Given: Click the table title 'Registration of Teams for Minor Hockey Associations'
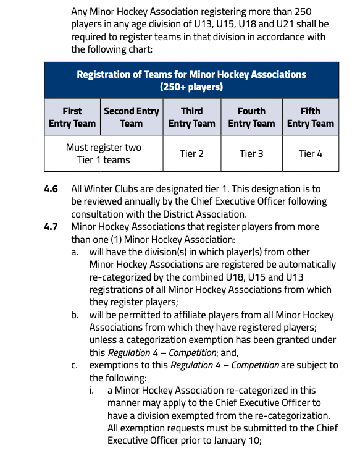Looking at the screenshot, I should click(191, 74).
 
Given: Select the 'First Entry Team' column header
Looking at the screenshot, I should click(72, 117).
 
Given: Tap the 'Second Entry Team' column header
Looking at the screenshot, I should click(131, 117).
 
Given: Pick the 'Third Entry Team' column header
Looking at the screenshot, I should click(191, 117).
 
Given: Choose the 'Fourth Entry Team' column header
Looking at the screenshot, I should click(251, 117).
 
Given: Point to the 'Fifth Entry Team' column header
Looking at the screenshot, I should click(310, 117).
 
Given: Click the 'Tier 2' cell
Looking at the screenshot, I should click(191, 153).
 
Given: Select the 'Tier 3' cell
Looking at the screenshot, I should click(251, 153).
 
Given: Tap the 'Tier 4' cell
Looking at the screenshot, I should click(310, 153).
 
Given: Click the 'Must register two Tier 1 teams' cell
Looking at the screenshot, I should click(103, 153).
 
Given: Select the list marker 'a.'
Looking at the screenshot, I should click(75, 252).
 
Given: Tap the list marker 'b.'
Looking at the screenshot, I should click(75, 315).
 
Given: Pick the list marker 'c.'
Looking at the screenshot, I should click(75, 365).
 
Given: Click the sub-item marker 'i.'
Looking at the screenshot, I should click(92, 391).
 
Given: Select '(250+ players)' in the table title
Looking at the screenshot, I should click(191, 87).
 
